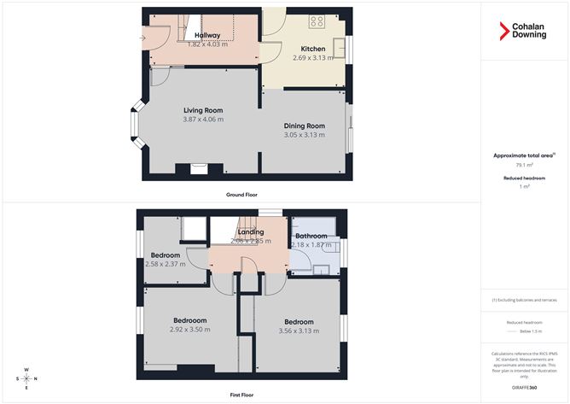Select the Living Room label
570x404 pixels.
click(203, 110)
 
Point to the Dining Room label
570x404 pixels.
click(305, 126)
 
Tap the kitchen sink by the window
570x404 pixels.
click(339, 43)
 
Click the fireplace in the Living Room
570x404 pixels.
click(199, 168)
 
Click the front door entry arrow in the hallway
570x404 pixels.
click(144, 37)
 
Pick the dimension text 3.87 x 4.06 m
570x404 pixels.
click(203, 120)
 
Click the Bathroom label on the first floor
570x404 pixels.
click(311, 236)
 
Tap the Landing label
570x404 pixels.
click(251, 231)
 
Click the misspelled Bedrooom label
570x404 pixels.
click(189, 320)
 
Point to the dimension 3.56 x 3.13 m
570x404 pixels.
click(299, 331)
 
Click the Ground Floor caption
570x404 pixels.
click(241, 195)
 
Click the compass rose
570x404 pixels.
click(26, 378)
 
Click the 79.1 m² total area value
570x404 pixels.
click(524, 167)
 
